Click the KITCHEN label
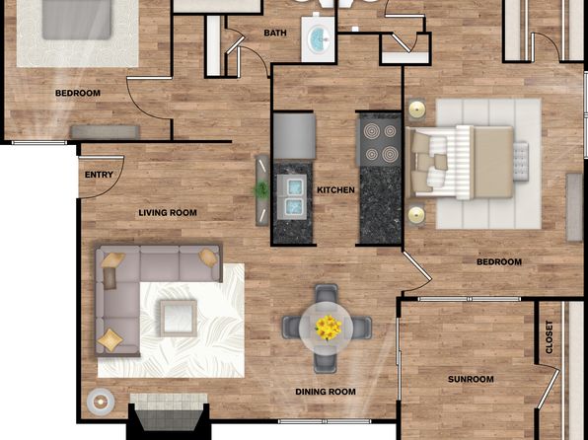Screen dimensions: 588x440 (x=335, y=190)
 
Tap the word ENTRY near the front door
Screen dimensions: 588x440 (x=99, y=175)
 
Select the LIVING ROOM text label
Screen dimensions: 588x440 (x=168, y=213)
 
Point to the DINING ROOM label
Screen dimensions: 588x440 (x=326, y=392)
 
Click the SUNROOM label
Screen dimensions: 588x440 (x=471, y=379)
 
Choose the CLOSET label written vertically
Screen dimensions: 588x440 (x=549, y=336)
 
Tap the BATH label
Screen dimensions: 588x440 (x=275, y=33)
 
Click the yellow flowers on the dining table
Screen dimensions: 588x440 (x=329, y=328)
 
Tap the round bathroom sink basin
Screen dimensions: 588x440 (x=319, y=38)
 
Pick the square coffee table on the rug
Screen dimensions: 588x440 (x=179, y=318)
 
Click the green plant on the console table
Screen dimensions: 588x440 (x=261, y=189)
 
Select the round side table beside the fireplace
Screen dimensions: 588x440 (x=100, y=402)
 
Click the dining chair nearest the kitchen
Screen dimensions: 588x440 (x=326, y=294)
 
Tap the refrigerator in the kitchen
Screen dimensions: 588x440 (x=294, y=136)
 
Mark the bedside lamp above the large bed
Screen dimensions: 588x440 (x=416, y=110)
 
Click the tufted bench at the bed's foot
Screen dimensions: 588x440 (x=521, y=161)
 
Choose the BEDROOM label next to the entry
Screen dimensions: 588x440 (x=78, y=93)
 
